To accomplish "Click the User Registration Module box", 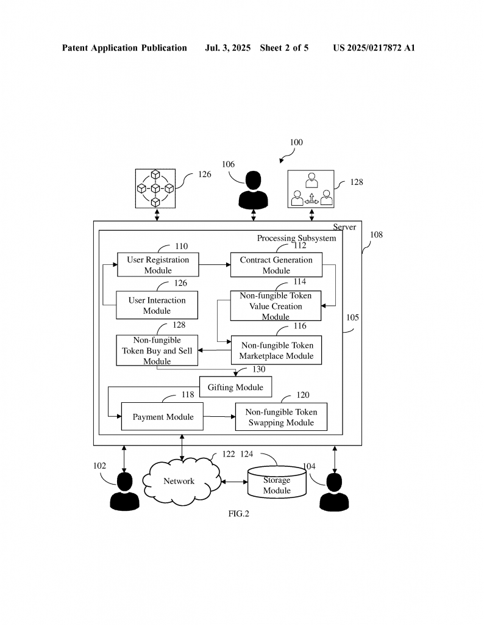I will coord(158,265).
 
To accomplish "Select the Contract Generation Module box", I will coord(276,265).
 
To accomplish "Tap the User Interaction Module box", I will coord(157,305).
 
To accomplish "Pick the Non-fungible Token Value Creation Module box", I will coord(276,306).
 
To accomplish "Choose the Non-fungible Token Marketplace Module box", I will coord(276,350).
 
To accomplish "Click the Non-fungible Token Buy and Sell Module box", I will coord(157,350).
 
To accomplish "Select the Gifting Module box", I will coord(235,387).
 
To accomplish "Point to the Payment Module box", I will coord(163,417).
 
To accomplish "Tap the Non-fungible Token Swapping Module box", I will coord(281,417).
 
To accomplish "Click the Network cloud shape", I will coord(180,481).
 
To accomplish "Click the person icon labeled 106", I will coord(253,190).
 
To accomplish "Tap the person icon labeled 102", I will coord(125,492).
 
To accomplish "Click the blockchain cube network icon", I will coord(155,189).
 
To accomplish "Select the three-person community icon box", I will coord(311,189).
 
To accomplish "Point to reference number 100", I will coord(296,143).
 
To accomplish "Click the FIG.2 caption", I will coord(238,514).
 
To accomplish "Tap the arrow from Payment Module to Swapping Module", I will coord(219,417).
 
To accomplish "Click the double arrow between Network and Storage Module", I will coord(234,482).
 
